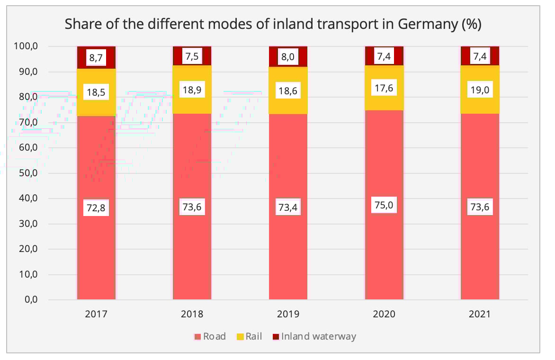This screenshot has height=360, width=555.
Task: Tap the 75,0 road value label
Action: click(x=384, y=205)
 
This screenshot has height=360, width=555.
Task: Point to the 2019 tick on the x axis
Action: click(x=288, y=314)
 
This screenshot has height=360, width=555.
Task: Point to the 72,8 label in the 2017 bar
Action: click(x=96, y=207)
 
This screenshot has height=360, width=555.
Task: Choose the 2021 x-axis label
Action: click(x=480, y=314)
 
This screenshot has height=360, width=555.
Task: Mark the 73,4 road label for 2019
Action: click(x=288, y=207)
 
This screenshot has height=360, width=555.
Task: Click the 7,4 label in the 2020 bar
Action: click(x=384, y=56)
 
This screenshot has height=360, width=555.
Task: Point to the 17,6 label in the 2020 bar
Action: click(x=384, y=88)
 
